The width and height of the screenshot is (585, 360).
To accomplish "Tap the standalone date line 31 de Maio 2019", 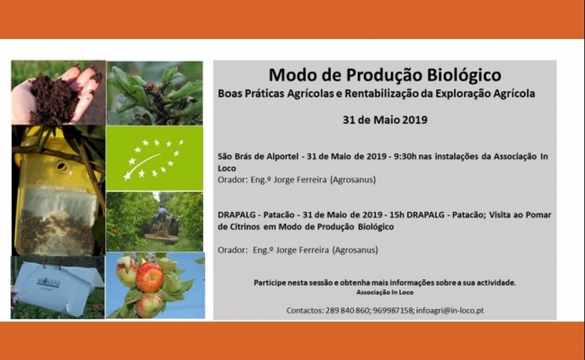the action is point(384,120).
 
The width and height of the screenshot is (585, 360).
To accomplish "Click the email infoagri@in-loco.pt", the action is point(450,310).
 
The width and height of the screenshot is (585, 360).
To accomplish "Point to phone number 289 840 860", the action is point(347,310).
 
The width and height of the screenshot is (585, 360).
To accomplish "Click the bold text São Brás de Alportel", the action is point(258,156).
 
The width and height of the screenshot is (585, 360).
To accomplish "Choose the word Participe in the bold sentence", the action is point(268,283).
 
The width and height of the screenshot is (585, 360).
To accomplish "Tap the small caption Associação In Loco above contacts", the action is point(384,292).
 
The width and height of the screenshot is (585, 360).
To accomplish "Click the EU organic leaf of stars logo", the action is point(154,159).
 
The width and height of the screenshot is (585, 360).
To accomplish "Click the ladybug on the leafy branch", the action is point(150,87).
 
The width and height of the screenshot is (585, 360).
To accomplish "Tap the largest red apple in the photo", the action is point(150,277).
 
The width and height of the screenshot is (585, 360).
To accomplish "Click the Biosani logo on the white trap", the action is point(49,283).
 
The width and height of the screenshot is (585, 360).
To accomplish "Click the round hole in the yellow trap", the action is point(62,166).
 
